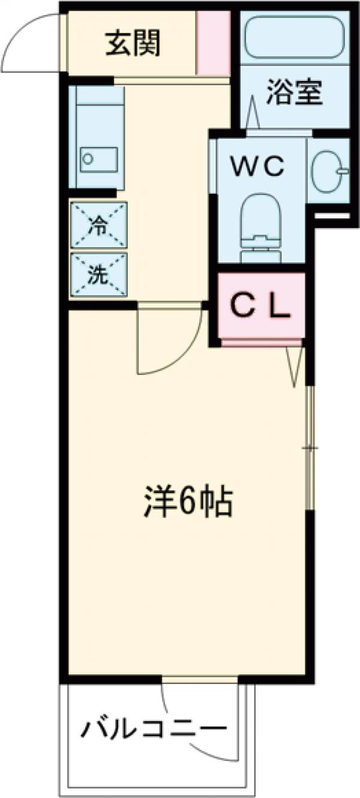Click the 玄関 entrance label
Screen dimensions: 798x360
click(133, 44)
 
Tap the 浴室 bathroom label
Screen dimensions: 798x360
click(294, 94)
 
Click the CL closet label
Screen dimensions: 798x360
click(261, 307)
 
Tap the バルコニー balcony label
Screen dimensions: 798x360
click(155, 730)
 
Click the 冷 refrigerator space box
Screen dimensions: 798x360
click(98, 225)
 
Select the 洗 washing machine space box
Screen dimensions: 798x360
click(98, 275)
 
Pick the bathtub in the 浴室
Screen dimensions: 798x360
click(294, 39)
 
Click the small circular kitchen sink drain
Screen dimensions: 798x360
click(88, 159)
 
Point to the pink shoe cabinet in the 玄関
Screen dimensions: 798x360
click(214, 43)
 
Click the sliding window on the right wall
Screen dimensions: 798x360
click(310, 447)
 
